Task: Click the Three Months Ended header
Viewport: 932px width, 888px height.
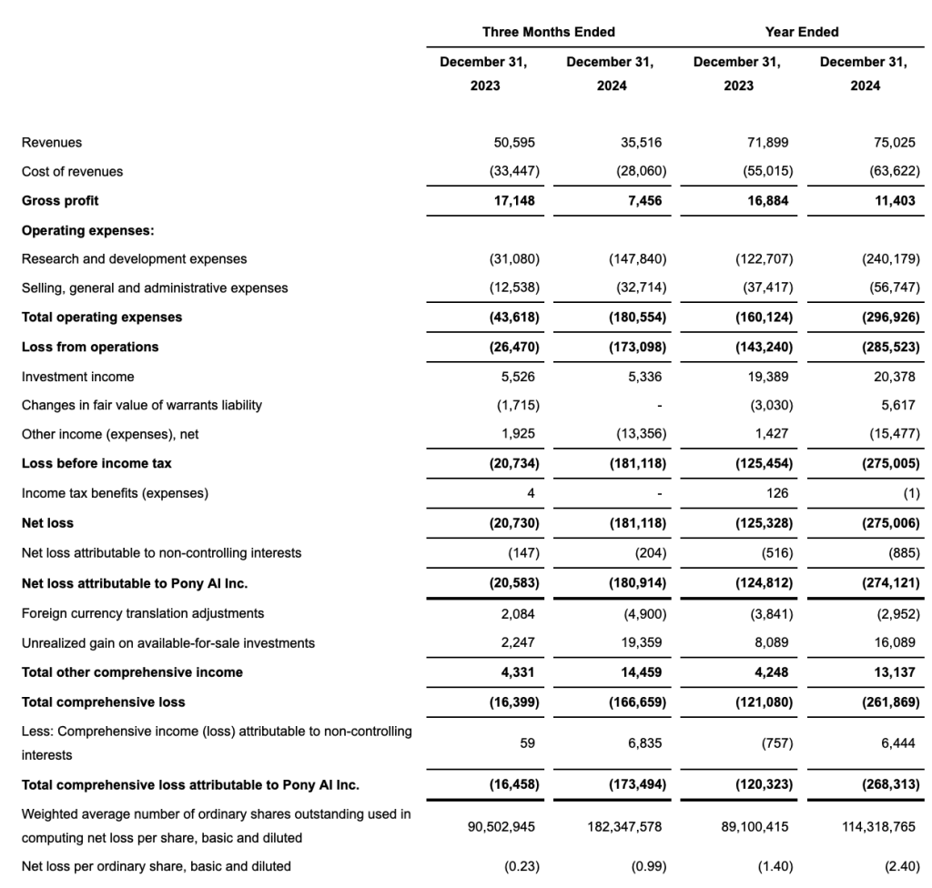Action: point(548,32)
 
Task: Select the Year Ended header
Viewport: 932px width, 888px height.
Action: point(801,32)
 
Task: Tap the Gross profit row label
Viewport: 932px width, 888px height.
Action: point(60,200)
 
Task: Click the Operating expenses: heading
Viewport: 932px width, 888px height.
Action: point(87,230)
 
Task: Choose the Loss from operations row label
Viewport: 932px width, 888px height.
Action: point(90,347)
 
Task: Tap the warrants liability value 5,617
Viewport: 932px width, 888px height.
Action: point(900,405)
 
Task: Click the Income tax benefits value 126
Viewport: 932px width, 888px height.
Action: point(780,493)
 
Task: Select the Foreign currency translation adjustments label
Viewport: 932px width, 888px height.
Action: point(143,613)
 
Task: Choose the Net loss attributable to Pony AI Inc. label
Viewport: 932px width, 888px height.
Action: point(135,582)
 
